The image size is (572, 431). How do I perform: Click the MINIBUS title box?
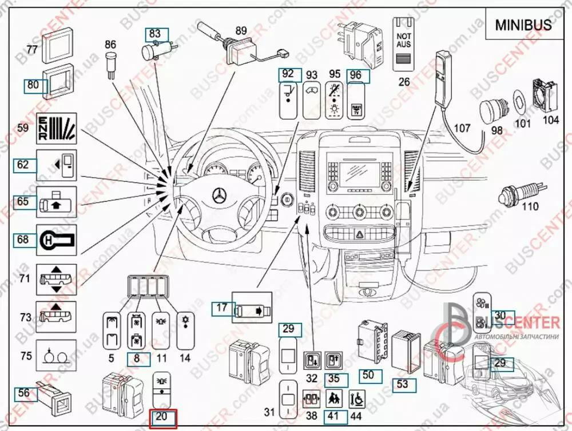tap(523, 25)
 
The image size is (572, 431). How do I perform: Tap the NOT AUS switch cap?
tap(404, 45)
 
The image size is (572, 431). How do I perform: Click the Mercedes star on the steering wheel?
tap(220, 195)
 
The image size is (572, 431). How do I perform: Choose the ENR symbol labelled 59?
tap(57, 129)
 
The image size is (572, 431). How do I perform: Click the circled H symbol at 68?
tap(57, 239)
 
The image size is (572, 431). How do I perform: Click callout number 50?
tap(369, 376)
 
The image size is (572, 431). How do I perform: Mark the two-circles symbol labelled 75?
tap(57, 356)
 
